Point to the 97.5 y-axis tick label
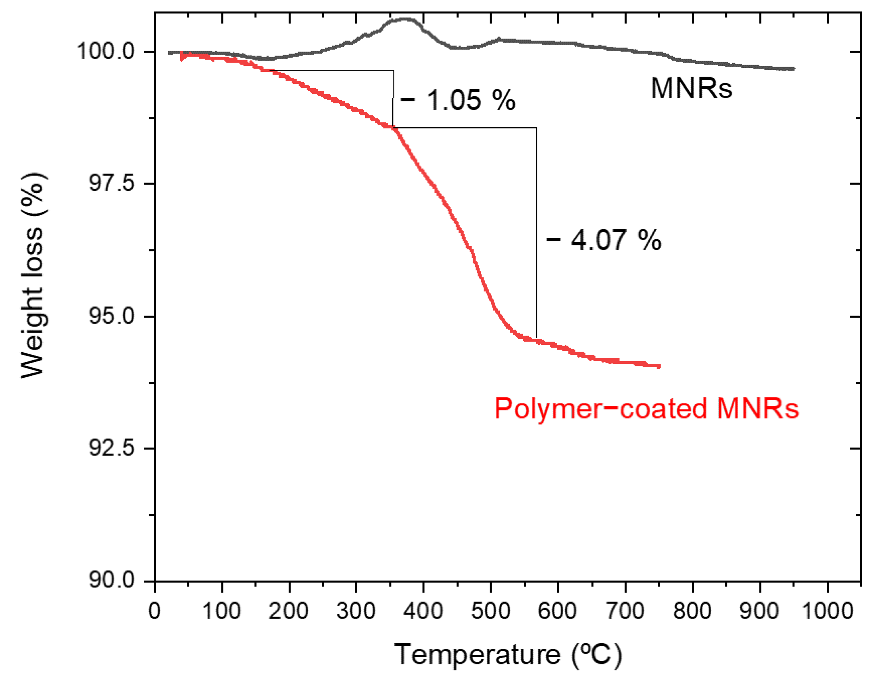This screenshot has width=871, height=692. [x=111, y=183]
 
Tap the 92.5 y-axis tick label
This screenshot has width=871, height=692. [x=111, y=448]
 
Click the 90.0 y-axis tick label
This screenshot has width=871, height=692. [x=111, y=581]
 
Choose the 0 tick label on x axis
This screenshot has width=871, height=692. [x=154, y=611]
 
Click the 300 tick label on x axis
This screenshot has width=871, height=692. [x=356, y=611]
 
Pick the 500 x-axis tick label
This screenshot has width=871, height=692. [x=490, y=611]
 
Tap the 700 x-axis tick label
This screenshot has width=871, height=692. [x=625, y=611]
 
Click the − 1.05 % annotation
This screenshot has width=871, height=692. [x=458, y=100]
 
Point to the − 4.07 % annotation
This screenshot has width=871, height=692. [x=604, y=240]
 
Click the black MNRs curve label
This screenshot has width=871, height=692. [x=691, y=88]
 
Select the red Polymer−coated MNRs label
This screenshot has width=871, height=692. [x=647, y=409]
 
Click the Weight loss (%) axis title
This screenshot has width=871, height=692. [x=32, y=275]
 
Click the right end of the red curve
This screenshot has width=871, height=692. [x=659, y=366]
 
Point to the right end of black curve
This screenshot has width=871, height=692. [x=793, y=69]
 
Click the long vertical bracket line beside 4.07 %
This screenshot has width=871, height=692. [x=537, y=233]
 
